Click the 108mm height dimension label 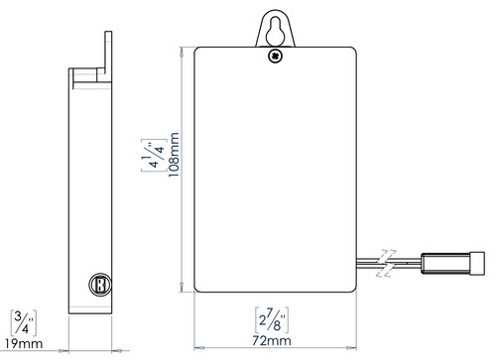(x=174, y=155)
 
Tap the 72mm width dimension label (x=272, y=340)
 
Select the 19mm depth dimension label (x=24, y=343)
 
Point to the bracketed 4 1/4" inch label (x=154, y=155)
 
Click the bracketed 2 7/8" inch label (x=272, y=320)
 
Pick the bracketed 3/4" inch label (x=24, y=323)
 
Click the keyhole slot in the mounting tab (x=275, y=31)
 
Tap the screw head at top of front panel (x=276, y=57)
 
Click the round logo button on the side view (x=100, y=284)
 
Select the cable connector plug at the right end (x=453, y=263)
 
